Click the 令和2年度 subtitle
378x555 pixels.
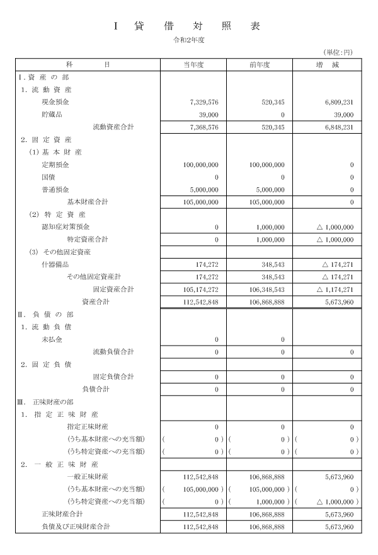click(x=190, y=40)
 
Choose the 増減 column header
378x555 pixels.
click(x=328, y=64)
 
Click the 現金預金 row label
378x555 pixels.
click(x=55, y=102)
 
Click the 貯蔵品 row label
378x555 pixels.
click(x=52, y=114)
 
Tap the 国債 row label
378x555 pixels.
click(x=49, y=177)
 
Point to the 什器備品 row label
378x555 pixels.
click(x=55, y=264)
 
